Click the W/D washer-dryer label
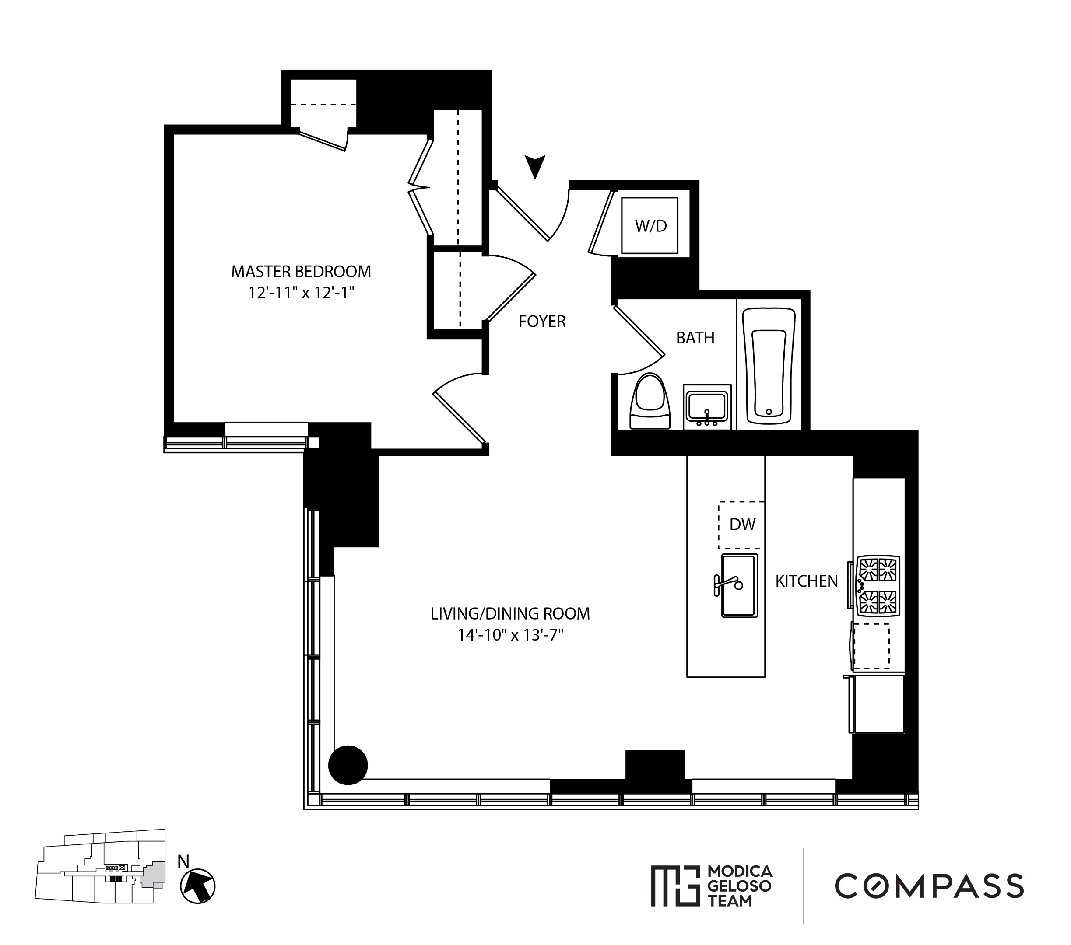(650, 226)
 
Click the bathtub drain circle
(769, 412)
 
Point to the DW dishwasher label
(742, 525)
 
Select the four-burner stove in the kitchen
(878, 585)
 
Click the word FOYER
(542, 322)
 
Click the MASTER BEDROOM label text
(301, 272)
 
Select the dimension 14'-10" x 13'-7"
(510, 635)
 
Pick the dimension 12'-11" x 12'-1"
(301, 293)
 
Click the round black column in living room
(348, 765)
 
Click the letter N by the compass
(183, 862)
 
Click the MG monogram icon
(675, 886)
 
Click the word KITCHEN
(806, 581)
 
